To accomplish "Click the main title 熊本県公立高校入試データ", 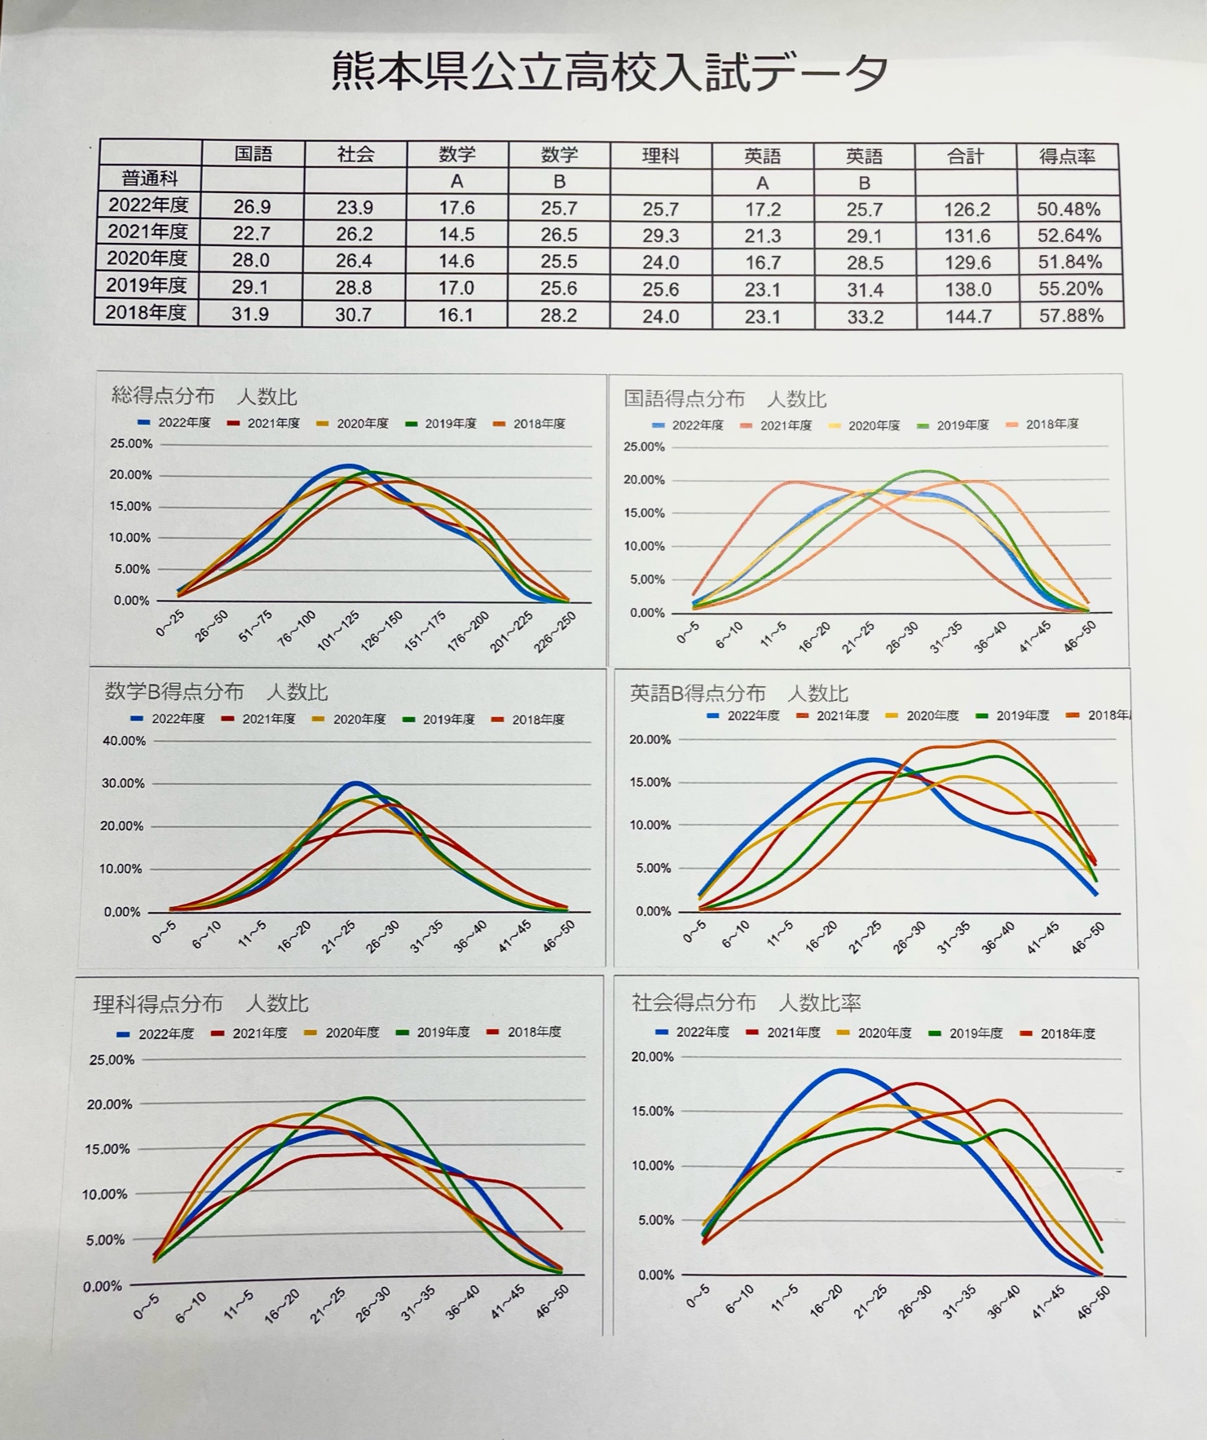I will [610, 73].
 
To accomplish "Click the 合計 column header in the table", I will [965, 156].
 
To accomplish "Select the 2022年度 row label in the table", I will [148, 205].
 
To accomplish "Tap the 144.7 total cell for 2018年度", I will [967, 315].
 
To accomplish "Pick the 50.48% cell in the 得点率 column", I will [1068, 209].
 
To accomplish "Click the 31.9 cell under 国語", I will [249, 314].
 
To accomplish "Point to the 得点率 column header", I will [1067, 156].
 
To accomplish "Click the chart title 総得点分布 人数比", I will [204, 397].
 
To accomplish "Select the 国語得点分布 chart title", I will [725, 399].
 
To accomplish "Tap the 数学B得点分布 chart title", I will [216, 693].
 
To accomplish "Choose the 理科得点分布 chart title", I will [200, 1004].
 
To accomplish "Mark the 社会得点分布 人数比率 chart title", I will [746, 1002].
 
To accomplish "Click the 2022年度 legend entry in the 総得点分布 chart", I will [176, 423].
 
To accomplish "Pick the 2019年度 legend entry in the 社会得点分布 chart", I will [967, 1033].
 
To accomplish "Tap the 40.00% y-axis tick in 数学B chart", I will [125, 741].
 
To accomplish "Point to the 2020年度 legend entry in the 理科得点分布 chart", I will [343, 1033].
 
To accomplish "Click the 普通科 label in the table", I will [150, 178].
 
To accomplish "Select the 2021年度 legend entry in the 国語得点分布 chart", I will [778, 425].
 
